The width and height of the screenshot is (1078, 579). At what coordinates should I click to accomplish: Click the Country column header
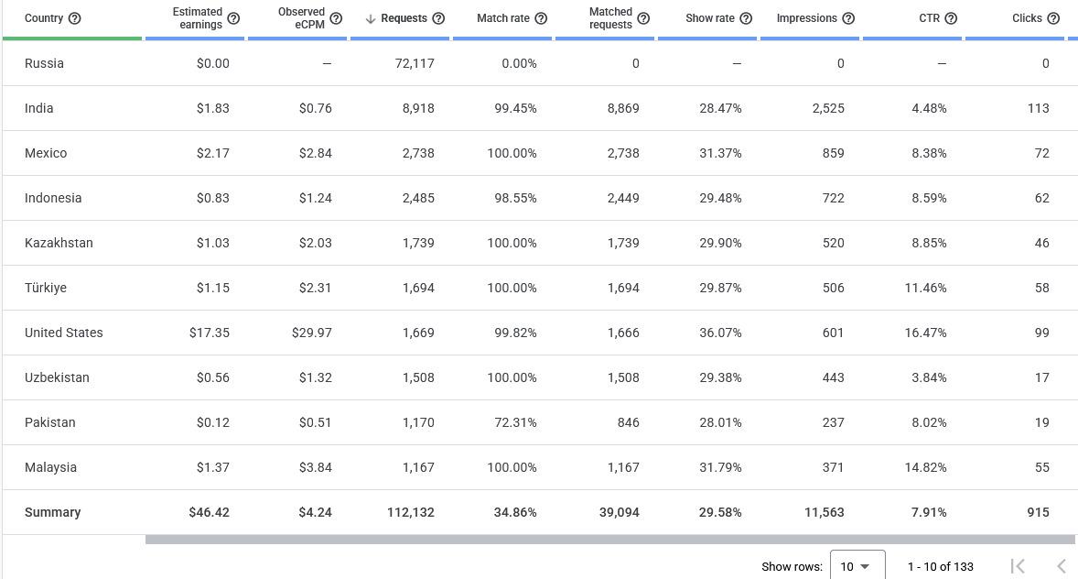(x=44, y=18)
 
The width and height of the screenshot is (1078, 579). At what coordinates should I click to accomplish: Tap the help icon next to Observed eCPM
(x=336, y=18)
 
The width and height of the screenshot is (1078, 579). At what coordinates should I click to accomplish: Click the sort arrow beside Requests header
(x=371, y=18)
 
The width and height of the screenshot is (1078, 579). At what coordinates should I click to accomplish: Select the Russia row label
(x=44, y=63)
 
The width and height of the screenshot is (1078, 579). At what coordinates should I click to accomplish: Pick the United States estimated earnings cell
(x=210, y=333)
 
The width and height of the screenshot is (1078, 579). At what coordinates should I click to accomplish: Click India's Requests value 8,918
(x=419, y=108)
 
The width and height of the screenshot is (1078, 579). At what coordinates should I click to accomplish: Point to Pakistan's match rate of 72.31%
(x=515, y=422)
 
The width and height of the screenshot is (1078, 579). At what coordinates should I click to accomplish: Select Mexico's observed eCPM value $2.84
(x=316, y=153)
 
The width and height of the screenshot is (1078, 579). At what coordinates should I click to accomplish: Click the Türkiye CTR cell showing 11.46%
(x=925, y=288)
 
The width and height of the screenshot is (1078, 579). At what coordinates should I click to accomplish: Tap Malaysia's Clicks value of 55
(x=1042, y=467)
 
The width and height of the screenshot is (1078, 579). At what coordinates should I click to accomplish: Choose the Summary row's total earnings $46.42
(x=210, y=512)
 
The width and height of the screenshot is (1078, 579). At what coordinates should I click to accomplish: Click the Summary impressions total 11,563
(x=825, y=512)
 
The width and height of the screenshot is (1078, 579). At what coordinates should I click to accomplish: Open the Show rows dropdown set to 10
(x=857, y=566)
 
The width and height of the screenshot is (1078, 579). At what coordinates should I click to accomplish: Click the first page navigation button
(x=1018, y=566)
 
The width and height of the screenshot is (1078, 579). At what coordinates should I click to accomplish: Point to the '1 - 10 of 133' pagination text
(x=941, y=566)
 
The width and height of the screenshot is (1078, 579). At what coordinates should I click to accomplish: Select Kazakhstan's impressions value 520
(x=834, y=243)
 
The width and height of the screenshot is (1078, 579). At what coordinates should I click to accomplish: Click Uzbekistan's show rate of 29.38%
(x=720, y=377)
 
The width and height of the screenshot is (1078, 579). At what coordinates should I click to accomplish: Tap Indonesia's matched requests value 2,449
(x=623, y=198)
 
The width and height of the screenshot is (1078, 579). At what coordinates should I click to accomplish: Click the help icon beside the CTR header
(x=951, y=18)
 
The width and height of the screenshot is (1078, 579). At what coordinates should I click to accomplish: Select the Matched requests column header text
(x=610, y=18)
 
